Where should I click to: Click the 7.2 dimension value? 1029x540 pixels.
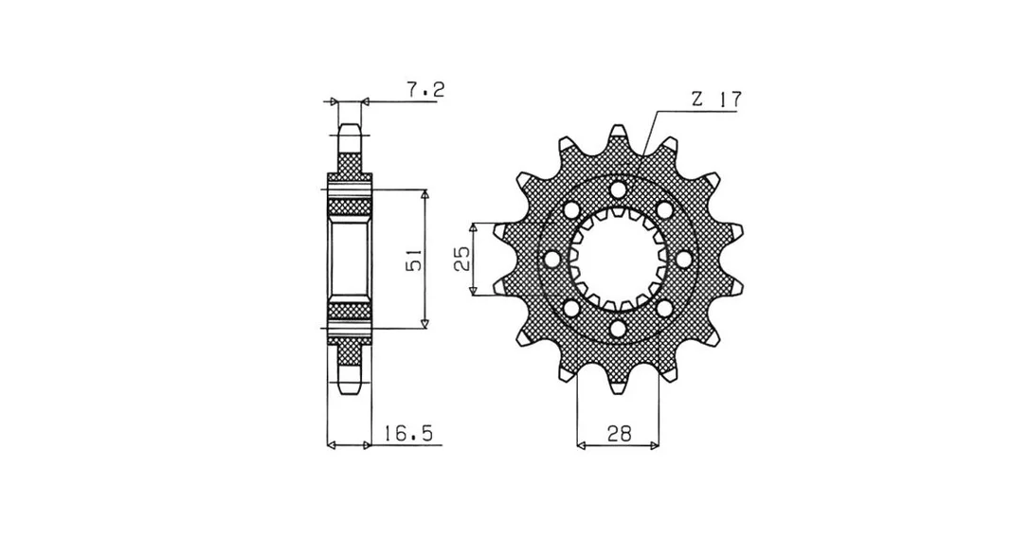(x=425, y=89)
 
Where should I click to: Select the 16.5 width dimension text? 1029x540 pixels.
(x=409, y=434)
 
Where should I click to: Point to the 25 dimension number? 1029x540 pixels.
(x=460, y=260)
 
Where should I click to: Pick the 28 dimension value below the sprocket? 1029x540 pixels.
(x=618, y=434)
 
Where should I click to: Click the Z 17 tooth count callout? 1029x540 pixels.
(x=715, y=99)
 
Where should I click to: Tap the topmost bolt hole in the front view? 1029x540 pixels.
(x=618, y=190)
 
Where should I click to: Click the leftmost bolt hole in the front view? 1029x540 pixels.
(x=551, y=260)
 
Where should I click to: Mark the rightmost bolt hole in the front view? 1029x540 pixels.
(x=685, y=260)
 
